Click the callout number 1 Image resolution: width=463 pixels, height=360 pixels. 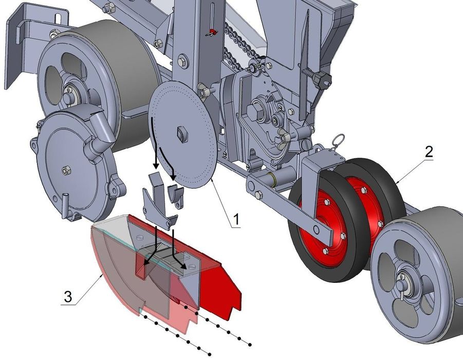click(236, 220)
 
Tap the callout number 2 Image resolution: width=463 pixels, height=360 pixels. click(429, 152)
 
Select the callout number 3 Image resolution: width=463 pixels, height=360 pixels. click(68, 296)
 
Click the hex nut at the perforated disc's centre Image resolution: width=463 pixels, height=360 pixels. click(182, 134)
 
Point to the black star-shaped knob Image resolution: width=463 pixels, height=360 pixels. click(322, 80)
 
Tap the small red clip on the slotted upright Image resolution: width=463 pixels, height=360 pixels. click(212, 32)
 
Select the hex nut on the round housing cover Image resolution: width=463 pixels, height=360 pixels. click(67, 170)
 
